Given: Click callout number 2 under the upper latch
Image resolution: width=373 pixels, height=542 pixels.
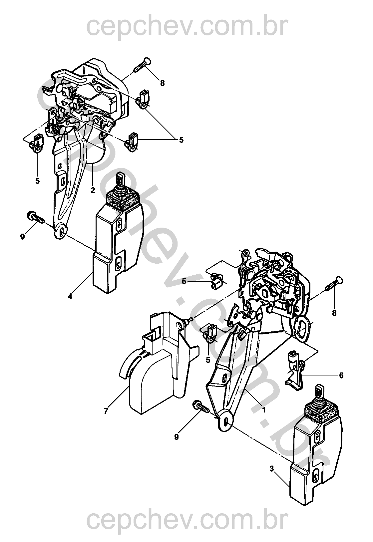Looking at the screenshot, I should tap(93, 190).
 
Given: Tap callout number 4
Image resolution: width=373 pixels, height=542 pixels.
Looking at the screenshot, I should tap(70, 296).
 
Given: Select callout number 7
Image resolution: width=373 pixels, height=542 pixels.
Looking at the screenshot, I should tap(106, 411).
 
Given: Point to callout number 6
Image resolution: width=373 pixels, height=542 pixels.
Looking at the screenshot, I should tap(341, 375).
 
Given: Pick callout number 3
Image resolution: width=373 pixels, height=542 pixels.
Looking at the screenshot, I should tap(272, 469).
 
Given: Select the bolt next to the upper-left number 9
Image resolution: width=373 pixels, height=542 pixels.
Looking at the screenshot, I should tap(35, 217).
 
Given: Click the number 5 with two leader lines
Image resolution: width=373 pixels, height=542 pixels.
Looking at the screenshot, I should tap(181, 140).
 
